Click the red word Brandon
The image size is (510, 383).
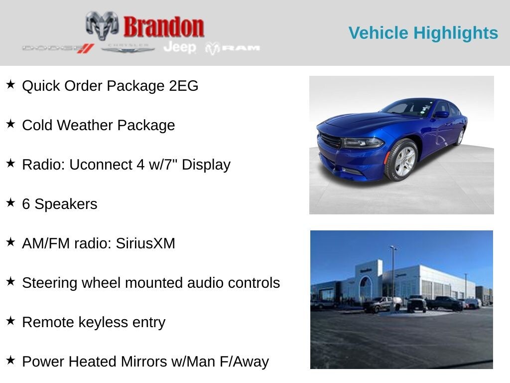point(164,27)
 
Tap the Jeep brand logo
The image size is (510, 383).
point(180,47)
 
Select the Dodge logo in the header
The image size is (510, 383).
point(58,48)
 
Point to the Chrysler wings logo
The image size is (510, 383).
point(128,48)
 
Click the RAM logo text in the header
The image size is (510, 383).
point(233,48)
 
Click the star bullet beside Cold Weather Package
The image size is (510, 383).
point(10,124)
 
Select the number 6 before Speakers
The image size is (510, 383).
point(26,204)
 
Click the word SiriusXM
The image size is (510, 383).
point(145,243)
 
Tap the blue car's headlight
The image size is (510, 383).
point(362,143)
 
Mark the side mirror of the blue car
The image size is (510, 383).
point(441,114)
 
